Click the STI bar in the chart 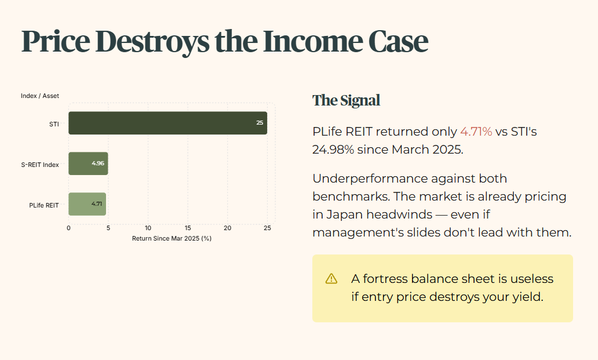[168, 123]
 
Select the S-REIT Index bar [88, 163]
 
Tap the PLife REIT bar [87, 204]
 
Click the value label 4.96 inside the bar [98, 163]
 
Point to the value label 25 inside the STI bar [260, 123]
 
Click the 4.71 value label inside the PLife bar [97, 203]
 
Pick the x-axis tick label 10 [148, 228]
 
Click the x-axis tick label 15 [188, 228]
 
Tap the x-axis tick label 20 [227, 228]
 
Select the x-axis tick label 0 [68, 228]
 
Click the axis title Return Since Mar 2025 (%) [172, 238]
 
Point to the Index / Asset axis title [40, 96]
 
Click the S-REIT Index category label [40, 165]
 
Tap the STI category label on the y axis [54, 124]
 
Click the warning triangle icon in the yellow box [331, 279]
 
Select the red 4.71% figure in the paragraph [476, 132]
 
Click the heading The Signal [347, 100]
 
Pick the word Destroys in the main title [152, 42]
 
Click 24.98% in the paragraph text [333, 150]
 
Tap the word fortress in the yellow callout [385, 279]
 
